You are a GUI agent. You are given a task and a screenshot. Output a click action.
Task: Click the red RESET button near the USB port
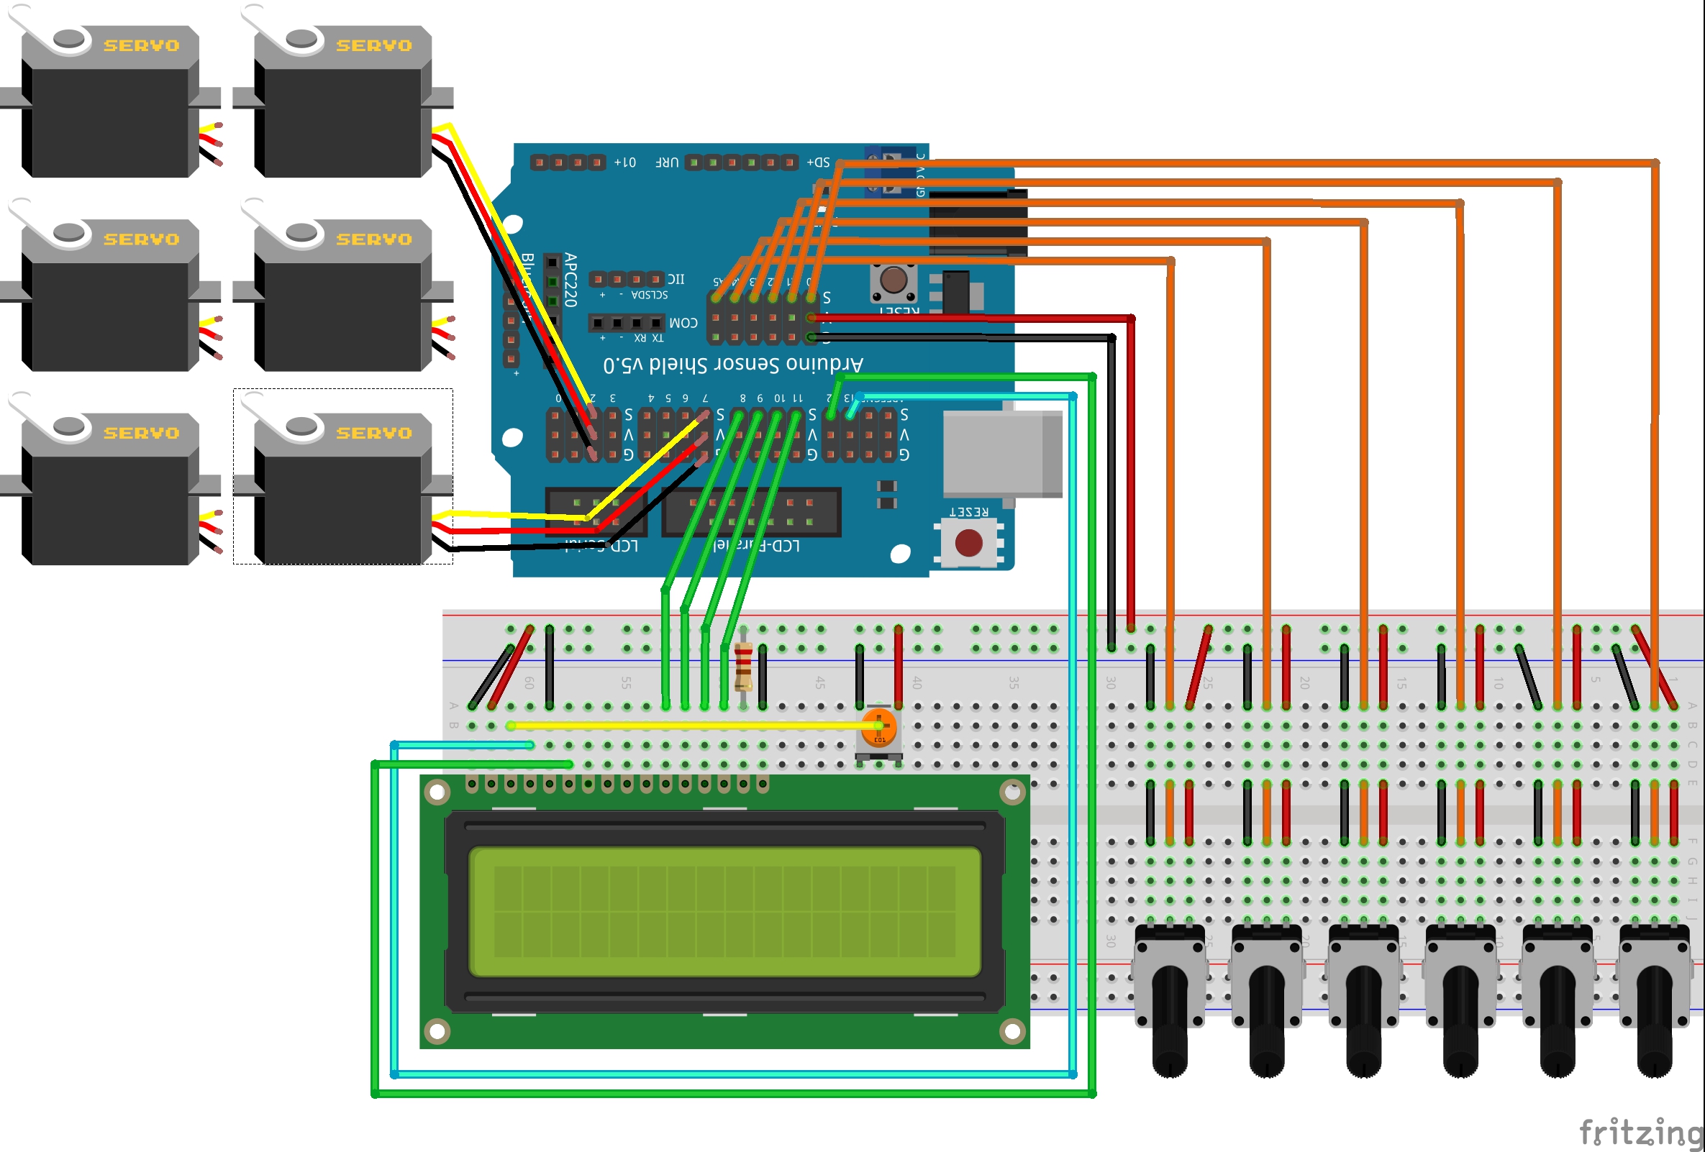(968, 544)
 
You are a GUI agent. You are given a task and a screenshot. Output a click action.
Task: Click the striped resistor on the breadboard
(743, 667)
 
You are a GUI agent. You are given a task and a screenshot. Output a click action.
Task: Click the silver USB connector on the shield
(1001, 454)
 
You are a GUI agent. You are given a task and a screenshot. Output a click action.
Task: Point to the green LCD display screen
(724, 912)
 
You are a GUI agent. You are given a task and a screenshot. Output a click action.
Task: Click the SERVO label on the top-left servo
(142, 45)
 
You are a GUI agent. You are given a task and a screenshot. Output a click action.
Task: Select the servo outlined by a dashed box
(342, 477)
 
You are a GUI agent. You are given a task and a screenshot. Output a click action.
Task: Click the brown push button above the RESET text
(893, 280)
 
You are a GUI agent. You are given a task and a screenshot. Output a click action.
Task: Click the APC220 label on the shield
(570, 280)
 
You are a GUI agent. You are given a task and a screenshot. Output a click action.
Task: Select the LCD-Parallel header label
(755, 546)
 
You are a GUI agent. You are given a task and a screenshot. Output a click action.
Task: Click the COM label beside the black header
(683, 323)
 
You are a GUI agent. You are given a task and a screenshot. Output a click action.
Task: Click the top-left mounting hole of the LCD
(437, 792)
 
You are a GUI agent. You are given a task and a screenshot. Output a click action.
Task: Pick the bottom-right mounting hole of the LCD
(1011, 1031)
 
